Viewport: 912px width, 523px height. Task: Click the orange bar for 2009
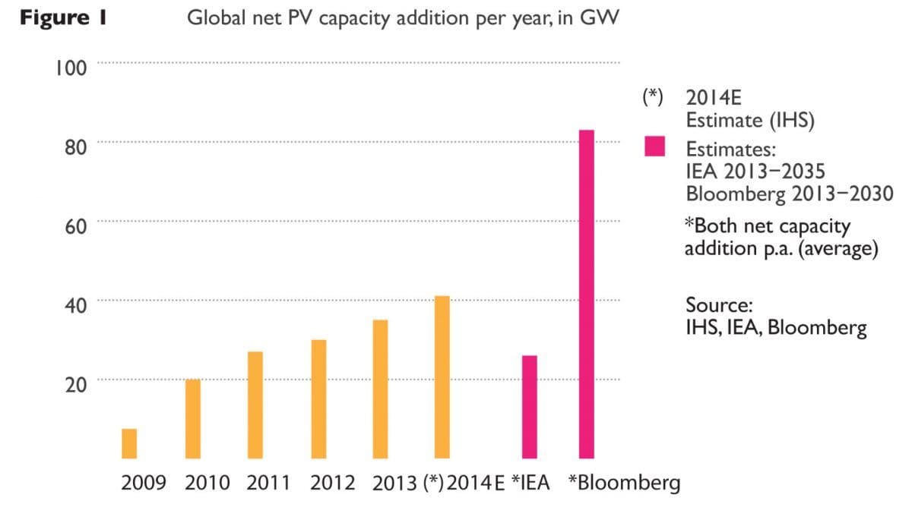[x=129, y=444]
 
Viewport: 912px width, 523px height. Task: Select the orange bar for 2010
[x=194, y=419]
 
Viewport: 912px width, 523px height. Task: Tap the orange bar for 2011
[x=256, y=405]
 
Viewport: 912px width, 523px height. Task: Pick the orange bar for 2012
[x=319, y=399]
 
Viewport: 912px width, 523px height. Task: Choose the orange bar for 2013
[x=380, y=389]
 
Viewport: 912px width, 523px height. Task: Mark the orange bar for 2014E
[x=442, y=377]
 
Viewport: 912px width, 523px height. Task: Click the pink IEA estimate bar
[x=529, y=407]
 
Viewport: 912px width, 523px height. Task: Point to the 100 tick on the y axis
[x=71, y=68]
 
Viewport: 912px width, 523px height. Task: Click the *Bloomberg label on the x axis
[x=624, y=484]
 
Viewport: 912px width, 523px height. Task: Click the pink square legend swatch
[x=654, y=147]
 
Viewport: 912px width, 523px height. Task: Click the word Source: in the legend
[x=719, y=305]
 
